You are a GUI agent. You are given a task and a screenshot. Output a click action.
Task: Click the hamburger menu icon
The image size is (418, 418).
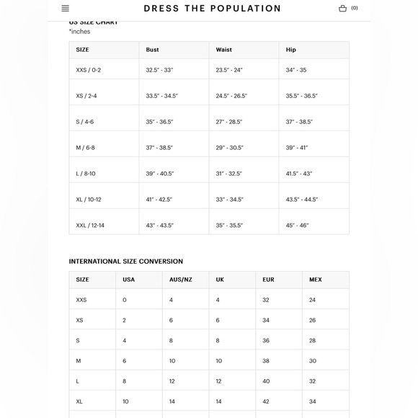(66, 9)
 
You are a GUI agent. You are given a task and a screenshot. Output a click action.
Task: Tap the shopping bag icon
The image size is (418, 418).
(342, 9)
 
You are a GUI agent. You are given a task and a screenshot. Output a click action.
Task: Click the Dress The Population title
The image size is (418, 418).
(212, 9)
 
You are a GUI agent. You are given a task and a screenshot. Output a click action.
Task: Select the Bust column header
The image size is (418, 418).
(153, 50)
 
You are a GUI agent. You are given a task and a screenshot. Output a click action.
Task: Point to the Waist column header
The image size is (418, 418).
(224, 50)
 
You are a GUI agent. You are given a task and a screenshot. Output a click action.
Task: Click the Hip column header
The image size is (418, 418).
(291, 50)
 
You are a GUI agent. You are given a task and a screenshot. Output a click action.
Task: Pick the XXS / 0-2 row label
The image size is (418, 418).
(89, 70)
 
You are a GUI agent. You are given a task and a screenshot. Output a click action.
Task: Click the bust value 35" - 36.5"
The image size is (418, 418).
(160, 122)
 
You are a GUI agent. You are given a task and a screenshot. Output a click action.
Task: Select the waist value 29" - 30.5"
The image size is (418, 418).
(229, 148)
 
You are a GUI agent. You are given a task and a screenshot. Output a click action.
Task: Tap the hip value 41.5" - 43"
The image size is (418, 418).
(299, 174)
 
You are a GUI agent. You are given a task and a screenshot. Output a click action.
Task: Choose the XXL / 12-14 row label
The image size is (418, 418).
(90, 226)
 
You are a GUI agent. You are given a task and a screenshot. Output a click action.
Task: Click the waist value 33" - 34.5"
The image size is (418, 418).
(230, 200)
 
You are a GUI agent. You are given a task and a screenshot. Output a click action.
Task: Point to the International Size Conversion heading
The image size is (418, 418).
(126, 262)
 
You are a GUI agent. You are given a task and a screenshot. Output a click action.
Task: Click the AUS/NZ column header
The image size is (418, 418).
(181, 280)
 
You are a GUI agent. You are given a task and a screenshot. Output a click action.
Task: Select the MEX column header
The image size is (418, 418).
(316, 280)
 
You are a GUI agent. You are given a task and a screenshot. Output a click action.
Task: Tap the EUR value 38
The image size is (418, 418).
(266, 360)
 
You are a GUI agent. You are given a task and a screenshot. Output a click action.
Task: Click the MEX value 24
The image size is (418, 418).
(313, 300)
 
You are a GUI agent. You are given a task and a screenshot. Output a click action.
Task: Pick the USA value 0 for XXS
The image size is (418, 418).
(125, 300)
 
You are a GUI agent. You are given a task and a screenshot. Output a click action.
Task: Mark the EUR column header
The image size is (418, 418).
(268, 280)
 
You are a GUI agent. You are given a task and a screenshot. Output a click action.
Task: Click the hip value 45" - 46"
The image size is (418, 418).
(297, 226)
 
